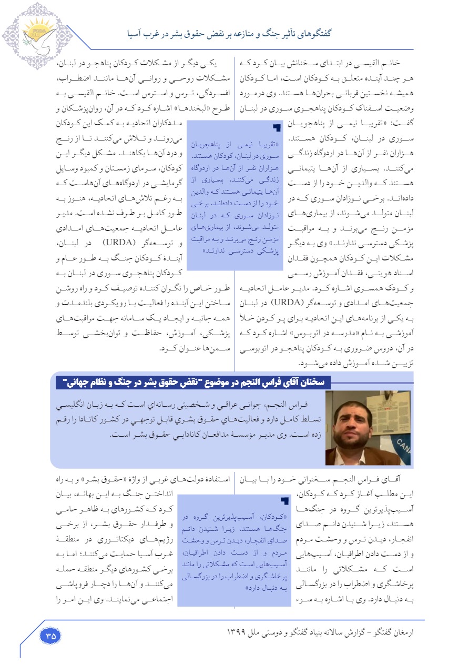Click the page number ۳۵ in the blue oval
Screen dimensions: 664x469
pos(50,635)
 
